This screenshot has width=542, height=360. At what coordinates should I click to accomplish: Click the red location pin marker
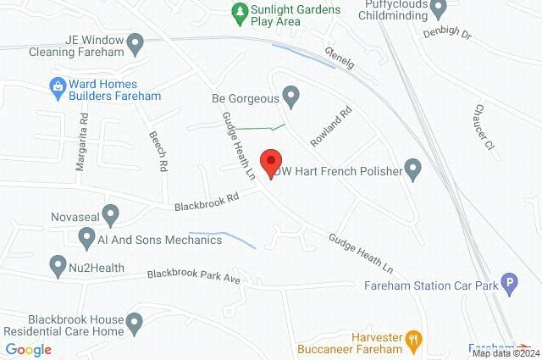(x=270, y=162)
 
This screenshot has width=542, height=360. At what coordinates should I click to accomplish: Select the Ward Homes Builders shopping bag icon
(x=57, y=86)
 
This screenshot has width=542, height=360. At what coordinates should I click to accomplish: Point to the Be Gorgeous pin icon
(x=290, y=97)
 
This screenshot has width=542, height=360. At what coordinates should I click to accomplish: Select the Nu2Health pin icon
(x=57, y=267)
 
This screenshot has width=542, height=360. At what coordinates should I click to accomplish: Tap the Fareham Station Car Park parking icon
(x=509, y=285)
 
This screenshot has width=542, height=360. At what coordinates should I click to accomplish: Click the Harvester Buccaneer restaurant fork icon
(x=414, y=340)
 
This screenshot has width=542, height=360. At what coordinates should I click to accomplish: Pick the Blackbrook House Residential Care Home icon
(x=135, y=322)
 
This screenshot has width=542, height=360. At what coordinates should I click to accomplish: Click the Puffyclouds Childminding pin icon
(x=438, y=9)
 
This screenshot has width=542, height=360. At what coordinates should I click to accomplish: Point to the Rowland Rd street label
(x=335, y=124)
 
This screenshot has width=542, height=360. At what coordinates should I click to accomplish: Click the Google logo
(x=28, y=350)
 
